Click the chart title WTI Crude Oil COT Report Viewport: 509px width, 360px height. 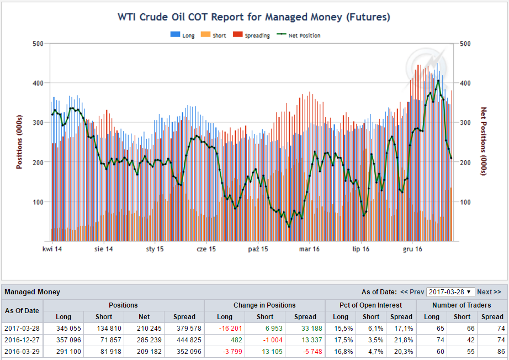pyautogui.click(x=254, y=17)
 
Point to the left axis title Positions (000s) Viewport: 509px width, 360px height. pyautogui.click(x=19, y=142)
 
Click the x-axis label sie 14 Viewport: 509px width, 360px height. pyautogui.click(x=103, y=250)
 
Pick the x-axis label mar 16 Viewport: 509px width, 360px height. pyautogui.click(x=309, y=250)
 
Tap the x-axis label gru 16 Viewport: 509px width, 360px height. pyautogui.click(x=412, y=250)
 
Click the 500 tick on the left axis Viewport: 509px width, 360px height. pyautogui.click(x=38, y=44)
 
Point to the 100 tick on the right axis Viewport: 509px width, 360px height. pyautogui.click(x=465, y=202)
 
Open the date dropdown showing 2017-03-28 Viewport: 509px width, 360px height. pyautogui.click(x=450, y=292)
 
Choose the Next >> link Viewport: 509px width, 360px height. pyautogui.click(x=489, y=292)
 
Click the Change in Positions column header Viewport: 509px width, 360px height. pyautogui.click(x=264, y=305)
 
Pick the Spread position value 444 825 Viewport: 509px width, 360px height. pyautogui.click(x=184, y=340)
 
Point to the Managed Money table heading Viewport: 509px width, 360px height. pyautogui.click(x=32, y=292)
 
